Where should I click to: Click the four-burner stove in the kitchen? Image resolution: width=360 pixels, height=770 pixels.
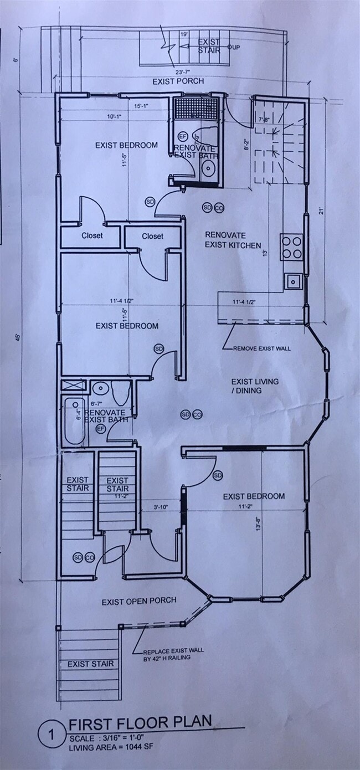tap(291, 247)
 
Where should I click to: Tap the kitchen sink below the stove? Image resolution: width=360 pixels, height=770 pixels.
tap(292, 281)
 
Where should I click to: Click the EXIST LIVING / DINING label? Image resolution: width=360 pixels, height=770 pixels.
tap(255, 386)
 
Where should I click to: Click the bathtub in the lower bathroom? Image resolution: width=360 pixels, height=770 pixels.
tap(74, 421)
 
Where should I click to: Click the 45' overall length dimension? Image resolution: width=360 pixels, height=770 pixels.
tap(17, 337)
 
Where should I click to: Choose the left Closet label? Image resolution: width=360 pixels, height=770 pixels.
tap(92, 235)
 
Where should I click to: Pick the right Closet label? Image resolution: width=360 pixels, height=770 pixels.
tap(152, 236)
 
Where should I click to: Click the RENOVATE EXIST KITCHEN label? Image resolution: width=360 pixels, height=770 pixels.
tap(233, 240)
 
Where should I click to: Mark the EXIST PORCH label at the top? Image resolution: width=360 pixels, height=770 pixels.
tap(178, 81)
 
